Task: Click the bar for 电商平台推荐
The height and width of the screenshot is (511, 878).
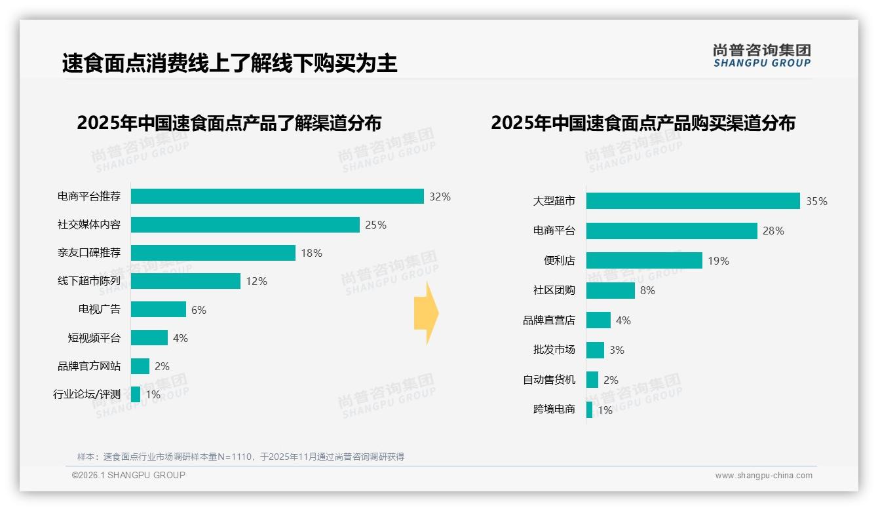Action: [277, 197]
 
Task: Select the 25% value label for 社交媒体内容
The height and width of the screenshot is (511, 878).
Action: [375, 225]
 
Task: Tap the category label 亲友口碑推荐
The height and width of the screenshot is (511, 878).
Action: [89, 253]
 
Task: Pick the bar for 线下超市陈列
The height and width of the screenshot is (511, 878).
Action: [185, 281]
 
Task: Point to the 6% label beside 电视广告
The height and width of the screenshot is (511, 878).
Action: [199, 310]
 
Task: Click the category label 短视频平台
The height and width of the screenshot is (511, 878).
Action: [94, 338]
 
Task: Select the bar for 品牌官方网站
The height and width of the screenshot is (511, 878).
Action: [140, 366]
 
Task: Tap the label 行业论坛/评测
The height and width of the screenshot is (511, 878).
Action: [87, 394]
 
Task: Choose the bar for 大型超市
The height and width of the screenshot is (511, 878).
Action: [693, 200]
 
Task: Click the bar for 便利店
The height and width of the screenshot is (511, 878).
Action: [644, 261]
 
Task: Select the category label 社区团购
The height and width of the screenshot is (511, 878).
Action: [554, 290]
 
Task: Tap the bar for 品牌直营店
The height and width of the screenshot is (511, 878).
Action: [598, 320]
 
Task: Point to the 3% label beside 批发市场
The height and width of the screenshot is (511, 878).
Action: [617, 350]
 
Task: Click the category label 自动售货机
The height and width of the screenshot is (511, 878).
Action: [548, 380]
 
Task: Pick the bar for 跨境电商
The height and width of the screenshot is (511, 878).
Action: [590, 410]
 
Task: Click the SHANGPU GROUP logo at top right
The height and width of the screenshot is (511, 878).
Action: [761, 56]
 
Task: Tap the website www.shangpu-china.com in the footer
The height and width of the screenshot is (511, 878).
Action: [763, 476]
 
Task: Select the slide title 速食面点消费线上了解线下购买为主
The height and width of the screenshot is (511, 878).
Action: [229, 64]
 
